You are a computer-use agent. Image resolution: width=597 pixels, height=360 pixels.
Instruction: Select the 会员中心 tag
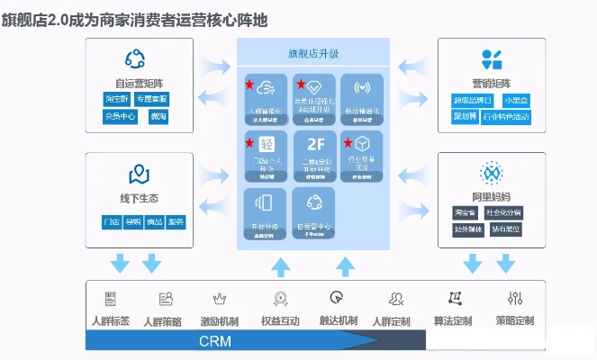coord(119,116)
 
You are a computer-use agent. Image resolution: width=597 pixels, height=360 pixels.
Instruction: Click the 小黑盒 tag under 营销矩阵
coord(518,100)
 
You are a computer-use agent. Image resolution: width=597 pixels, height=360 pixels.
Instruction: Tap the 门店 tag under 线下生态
coord(112,221)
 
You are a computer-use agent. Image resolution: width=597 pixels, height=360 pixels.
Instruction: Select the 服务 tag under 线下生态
coord(176,221)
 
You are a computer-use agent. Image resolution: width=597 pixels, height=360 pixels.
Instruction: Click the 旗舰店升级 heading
coord(312,53)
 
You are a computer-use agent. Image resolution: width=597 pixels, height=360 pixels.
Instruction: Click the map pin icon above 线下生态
coord(139,173)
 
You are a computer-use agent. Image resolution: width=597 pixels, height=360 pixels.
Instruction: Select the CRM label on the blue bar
coord(216,342)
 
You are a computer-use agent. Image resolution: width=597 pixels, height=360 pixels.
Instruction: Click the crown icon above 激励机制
coord(219,298)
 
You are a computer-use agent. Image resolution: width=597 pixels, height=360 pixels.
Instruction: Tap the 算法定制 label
coord(454,320)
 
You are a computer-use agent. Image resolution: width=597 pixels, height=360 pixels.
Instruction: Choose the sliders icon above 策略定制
coord(515,298)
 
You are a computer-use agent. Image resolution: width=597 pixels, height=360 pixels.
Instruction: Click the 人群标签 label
coord(111,320)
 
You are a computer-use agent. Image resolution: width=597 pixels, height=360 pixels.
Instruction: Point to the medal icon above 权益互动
coord(280,298)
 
